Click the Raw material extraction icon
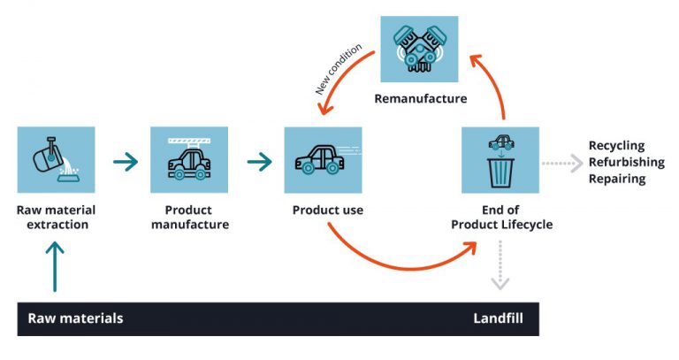pos(56,160)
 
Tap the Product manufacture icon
pos(189,160)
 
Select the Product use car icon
pos(323,160)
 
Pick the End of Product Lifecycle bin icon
pos(500,160)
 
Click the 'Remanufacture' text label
pos(420,98)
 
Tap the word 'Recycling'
pos(616,146)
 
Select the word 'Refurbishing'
pos(623,162)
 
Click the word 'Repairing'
pos(616,179)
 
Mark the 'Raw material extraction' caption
pos(56,218)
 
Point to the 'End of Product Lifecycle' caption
pos(501,218)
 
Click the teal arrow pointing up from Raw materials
pos(55,266)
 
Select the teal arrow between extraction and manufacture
pos(126,162)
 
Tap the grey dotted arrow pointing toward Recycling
pos(562,162)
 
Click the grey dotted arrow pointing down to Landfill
pos(500,266)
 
